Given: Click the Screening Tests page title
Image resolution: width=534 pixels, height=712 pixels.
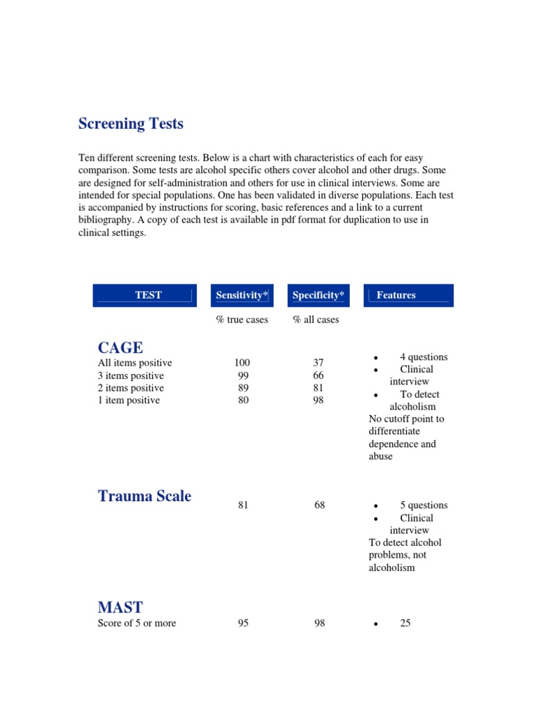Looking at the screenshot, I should click(x=131, y=124).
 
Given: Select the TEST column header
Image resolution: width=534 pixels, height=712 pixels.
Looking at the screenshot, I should click(x=148, y=295).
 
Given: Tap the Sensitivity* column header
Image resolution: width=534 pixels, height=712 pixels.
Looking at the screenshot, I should click(x=242, y=295).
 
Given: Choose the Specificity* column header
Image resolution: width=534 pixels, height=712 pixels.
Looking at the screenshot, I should click(x=318, y=295).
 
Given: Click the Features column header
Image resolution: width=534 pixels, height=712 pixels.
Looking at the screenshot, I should click(x=396, y=295).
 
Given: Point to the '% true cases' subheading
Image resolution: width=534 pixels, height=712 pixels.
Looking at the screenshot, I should click(x=242, y=320).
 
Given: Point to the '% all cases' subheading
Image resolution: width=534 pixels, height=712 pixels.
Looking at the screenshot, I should click(x=316, y=320).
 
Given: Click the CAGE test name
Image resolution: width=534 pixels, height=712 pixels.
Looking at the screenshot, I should click(x=120, y=348).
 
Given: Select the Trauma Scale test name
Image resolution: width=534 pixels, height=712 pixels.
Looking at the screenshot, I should click(x=145, y=496).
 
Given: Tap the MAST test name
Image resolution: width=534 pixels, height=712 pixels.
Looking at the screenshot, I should click(x=120, y=607).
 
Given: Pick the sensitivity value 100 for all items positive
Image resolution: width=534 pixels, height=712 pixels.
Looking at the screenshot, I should click(x=243, y=363).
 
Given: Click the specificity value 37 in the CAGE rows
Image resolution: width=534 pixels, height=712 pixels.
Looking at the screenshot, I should click(x=318, y=363).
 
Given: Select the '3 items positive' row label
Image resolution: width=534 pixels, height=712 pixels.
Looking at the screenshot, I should click(x=131, y=375).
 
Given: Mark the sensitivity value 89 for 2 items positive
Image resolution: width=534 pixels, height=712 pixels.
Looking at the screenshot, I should click(x=243, y=388).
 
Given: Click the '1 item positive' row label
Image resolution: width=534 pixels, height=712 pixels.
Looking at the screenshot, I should click(x=129, y=400).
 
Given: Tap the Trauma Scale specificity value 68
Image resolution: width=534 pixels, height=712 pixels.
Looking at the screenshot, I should click(x=319, y=505).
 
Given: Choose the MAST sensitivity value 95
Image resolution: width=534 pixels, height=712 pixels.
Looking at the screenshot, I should click(x=243, y=623).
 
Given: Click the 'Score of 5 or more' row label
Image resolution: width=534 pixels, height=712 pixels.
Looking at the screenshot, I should click(x=137, y=623).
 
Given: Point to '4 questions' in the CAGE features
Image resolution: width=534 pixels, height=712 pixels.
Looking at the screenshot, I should click(x=423, y=357).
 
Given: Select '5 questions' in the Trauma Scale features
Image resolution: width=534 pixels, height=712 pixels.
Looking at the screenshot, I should click(x=423, y=505).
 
